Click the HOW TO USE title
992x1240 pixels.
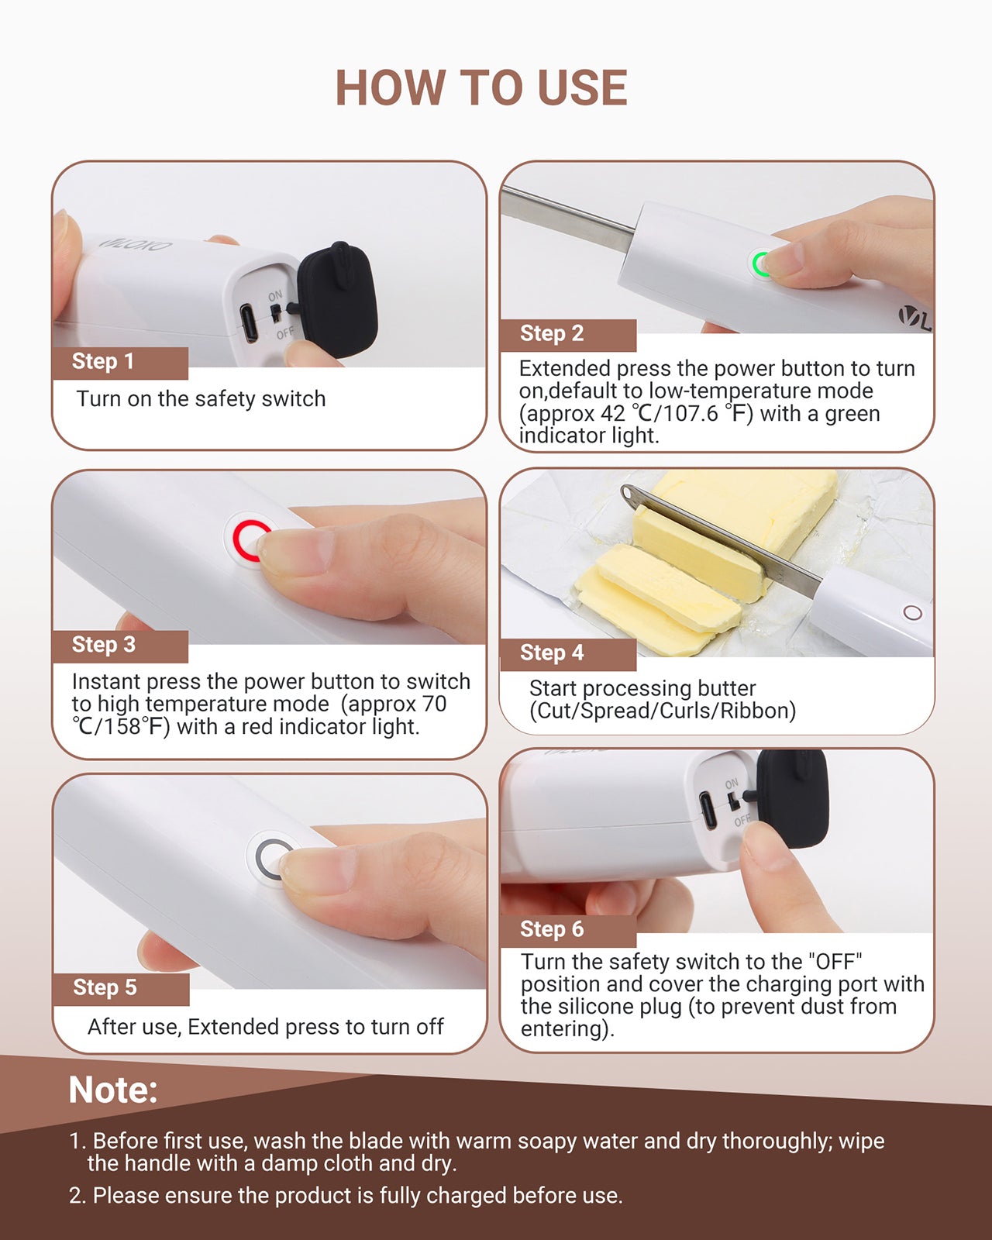[480, 88]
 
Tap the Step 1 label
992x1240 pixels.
[103, 361]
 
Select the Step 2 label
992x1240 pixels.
[552, 334]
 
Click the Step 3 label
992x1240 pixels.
[104, 645]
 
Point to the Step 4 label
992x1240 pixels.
[552, 653]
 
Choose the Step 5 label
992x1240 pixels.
[105, 987]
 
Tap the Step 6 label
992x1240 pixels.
[552, 929]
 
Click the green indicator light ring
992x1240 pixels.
[760, 263]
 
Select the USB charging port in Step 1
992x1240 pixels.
[249, 323]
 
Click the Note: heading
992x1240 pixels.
[113, 1090]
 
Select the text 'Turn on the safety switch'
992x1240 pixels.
[201, 399]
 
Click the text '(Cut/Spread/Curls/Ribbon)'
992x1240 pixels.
[663, 711]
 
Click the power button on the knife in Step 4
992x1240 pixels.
[913, 613]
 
